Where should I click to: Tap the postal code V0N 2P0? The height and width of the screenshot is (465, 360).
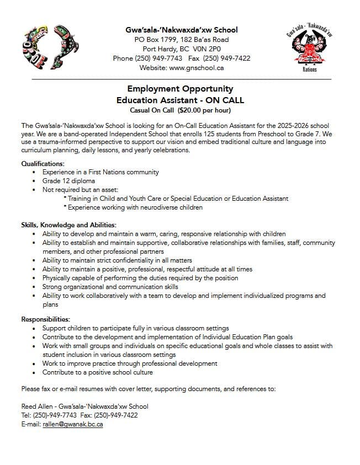[x=207, y=49]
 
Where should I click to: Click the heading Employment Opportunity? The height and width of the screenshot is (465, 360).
[x=180, y=89]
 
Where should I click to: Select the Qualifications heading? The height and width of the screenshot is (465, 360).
[x=43, y=164]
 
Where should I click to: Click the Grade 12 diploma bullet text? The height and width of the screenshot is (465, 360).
[x=68, y=181]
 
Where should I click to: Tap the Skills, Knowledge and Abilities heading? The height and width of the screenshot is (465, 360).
[x=68, y=225]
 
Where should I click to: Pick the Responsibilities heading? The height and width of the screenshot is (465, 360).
[x=45, y=319]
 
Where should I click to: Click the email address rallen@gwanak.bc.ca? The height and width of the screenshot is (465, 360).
[x=73, y=424]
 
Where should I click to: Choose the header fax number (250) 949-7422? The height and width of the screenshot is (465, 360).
[x=226, y=58]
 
